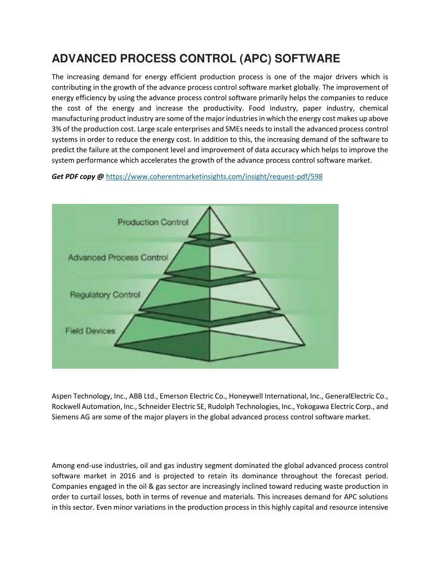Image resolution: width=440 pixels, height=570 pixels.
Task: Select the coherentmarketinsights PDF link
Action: click(x=214, y=176)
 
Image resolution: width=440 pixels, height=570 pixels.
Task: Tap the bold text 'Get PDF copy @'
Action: click(x=78, y=176)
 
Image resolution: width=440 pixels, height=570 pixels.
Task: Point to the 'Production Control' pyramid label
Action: click(x=153, y=222)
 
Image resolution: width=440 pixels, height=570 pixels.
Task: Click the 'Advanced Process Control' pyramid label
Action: click(x=118, y=257)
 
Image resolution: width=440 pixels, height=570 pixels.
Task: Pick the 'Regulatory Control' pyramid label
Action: click(x=105, y=295)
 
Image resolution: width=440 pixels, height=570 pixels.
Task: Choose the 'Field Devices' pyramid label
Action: click(x=90, y=331)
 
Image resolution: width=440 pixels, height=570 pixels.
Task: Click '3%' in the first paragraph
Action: click(x=56, y=129)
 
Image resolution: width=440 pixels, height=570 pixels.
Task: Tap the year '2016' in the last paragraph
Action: click(x=128, y=476)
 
